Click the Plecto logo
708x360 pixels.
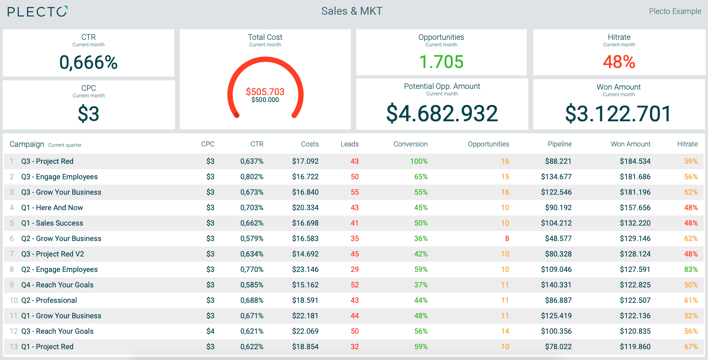tap(37, 12)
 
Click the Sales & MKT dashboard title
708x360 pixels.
tap(352, 11)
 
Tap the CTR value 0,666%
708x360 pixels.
tap(88, 63)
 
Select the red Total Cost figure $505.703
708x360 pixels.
tap(265, 92)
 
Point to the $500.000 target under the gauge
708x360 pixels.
tap(265, 100)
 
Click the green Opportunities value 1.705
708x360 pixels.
tap(441, 62)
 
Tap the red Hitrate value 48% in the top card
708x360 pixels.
tap(619, 62)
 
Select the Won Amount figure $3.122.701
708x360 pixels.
tap(618, 114)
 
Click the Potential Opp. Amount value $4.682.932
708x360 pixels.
tap(442, 114)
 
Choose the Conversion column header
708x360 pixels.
tap(410, 144)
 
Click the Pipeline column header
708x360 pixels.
tap(560, 144)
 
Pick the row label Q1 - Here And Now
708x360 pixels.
tap(52, 207)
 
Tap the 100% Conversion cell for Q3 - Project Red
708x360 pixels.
tap(419, 161)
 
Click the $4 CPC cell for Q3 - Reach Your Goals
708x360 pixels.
tap(210, 331)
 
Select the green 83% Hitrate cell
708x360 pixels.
tap(691, 269)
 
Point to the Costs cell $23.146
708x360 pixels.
tap(305, 269)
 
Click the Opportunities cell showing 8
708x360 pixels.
tap(507, 238)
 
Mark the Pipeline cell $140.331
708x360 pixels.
tap(556, 285)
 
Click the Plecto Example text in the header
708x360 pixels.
tap(675, 11)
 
